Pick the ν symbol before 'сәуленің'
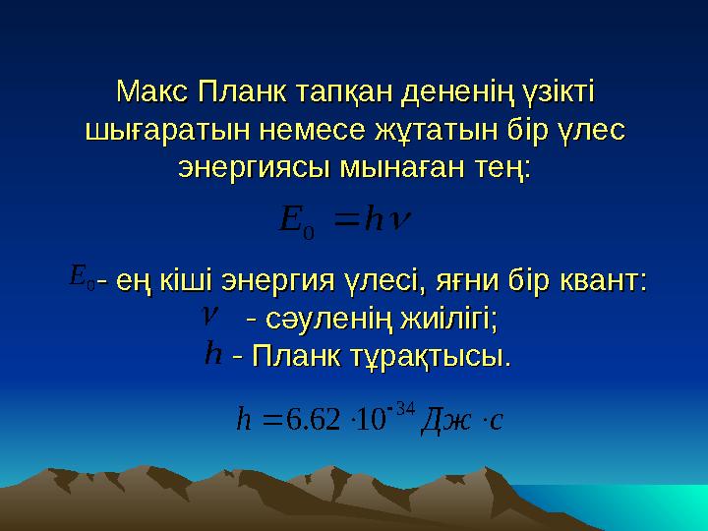pyautogui.click(x=207, y=317)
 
